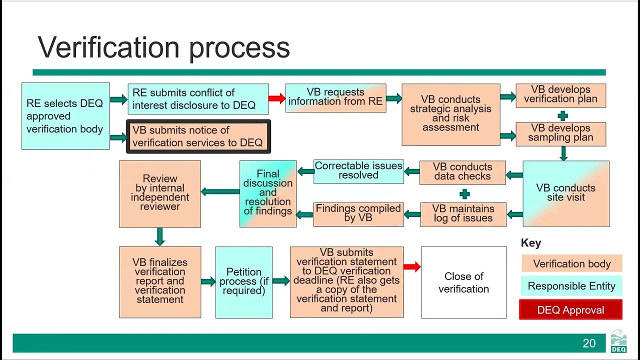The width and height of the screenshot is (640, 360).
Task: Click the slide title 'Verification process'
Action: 163,47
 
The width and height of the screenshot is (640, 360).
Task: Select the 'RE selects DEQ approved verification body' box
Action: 65,116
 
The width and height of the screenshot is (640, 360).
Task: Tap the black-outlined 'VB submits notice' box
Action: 198,136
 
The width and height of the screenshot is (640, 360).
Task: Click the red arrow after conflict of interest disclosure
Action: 276,98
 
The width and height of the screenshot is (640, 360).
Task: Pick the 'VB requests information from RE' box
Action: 335,97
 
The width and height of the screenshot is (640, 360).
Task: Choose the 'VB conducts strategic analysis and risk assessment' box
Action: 450,114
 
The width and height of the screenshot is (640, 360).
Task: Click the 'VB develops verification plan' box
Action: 560,95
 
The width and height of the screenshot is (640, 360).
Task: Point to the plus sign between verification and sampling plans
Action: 562,116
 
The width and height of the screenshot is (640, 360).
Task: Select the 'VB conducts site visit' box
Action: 565,193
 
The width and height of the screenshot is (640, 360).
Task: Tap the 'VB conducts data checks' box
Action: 462,172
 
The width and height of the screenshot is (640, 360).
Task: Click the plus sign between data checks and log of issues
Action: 464,194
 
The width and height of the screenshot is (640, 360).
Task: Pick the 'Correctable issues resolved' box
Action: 358,171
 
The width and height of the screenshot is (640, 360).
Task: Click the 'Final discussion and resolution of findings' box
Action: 268,193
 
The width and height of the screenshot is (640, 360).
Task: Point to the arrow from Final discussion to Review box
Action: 220,191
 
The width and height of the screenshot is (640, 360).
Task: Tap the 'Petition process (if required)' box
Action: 243,282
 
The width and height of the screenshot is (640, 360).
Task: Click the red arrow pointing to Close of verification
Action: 411,267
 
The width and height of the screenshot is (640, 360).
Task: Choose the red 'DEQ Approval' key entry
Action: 570,310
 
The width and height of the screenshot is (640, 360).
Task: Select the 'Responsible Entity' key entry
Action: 571,286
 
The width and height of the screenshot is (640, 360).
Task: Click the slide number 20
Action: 589,343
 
